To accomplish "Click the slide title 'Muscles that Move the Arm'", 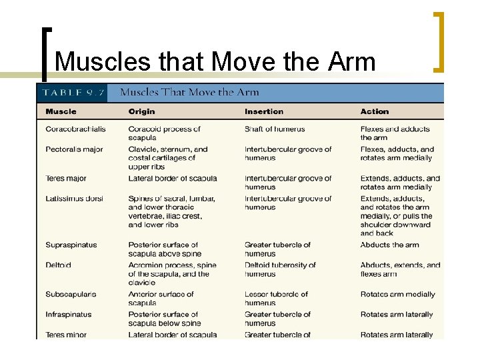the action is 215,61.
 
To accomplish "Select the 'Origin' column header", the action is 141,111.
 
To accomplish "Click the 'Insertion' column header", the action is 264,111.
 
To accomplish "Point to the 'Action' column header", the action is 375,111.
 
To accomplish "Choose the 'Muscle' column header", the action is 61,111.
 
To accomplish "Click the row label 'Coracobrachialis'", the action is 76,129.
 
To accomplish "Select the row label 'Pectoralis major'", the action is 74,149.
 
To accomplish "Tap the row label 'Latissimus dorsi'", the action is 74,199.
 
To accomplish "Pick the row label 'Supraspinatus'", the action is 71,245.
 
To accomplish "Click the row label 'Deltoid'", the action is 58,265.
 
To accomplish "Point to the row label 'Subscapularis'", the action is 71,295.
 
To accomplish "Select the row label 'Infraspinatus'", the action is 69,315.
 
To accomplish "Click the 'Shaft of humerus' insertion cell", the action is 275,129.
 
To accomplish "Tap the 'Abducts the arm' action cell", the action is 390,245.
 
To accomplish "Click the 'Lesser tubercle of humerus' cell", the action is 276,299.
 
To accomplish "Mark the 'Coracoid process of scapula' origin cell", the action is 164,133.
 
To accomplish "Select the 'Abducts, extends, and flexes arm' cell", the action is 400,269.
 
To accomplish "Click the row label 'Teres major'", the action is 65,179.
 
